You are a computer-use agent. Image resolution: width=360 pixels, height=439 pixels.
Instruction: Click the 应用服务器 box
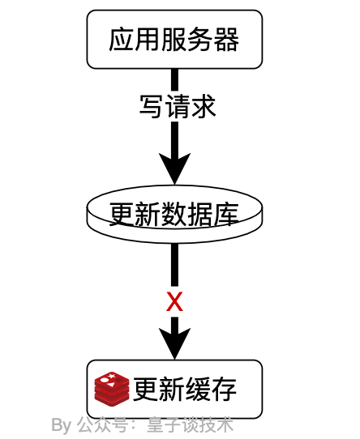174,39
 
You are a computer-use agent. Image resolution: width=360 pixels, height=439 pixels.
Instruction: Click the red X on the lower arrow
174,302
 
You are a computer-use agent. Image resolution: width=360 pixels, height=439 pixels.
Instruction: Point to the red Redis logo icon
112,390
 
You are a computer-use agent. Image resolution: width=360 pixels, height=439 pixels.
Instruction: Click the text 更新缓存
185,390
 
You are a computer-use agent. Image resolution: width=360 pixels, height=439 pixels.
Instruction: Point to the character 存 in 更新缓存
224,390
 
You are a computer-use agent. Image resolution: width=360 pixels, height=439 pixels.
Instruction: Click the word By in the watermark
62,425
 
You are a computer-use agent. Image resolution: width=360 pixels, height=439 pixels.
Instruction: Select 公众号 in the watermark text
102,425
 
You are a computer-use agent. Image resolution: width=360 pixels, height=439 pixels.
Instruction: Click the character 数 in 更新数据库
174,215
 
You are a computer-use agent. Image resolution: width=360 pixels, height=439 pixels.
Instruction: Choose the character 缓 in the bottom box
198,390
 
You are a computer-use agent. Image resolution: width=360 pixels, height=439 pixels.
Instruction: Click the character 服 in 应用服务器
174,39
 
